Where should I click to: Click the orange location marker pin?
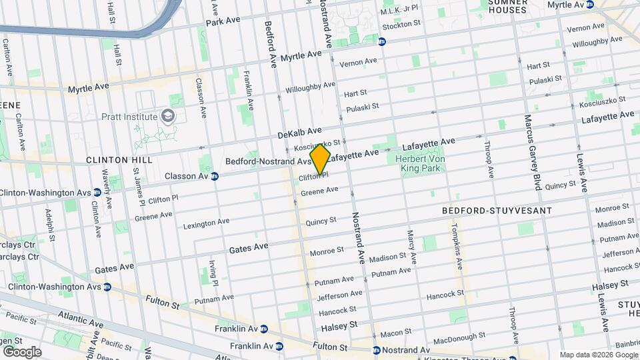point(320,160)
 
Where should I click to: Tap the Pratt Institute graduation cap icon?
point(167,117)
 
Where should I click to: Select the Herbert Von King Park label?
point(419,164)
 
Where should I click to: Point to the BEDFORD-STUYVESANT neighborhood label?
point(497,211)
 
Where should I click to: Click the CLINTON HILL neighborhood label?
point(119,160)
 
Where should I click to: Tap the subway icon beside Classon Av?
point(215,177)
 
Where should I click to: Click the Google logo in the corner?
point(21,352)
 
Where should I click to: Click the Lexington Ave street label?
point(206,222)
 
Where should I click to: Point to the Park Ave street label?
point(223,21)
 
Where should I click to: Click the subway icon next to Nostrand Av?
point(377,350)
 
